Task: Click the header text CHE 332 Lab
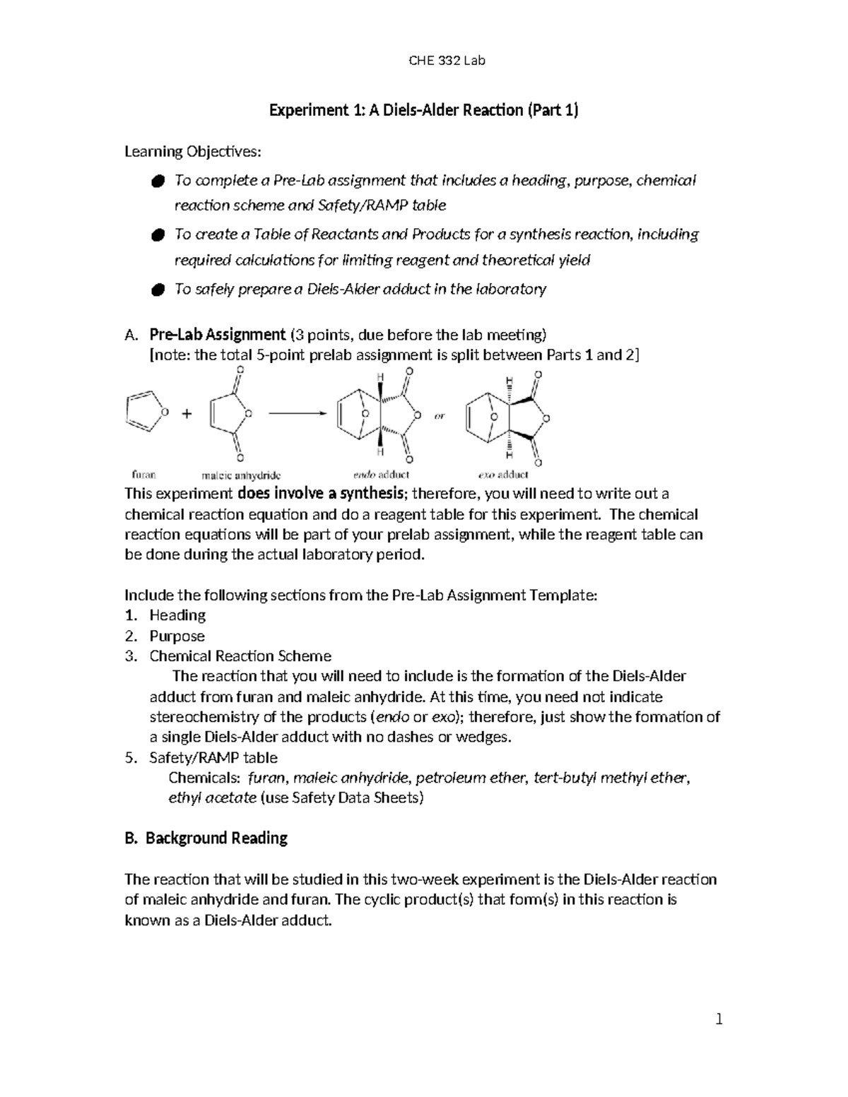pyautogui.click(x=447, y=61)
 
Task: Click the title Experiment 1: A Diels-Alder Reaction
pyautogui.click(x=423, y=110)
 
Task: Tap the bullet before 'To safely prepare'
pyautogui.click(x=158, y=290)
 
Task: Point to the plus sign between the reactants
pyautogui.click(x=187, y=415)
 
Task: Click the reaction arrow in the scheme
pyautogui.click(x=297, y=415)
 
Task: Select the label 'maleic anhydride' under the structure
pyautogui.click(x=241, y=475)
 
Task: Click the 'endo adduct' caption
pyautogui.click(x=381, y=475)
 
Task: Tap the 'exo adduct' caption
pyautogui.click(x=503, y=475)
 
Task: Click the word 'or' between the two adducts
pyautogui.click(x=440, y=417)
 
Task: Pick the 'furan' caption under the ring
pyautogui.click(x=144, y=475)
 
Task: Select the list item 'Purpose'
pyautogui.click(x=177, y=636)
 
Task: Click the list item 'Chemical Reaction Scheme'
pyautogui.click(x=240, y=656)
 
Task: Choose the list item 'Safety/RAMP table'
pyautogui.click(x=213, y=758)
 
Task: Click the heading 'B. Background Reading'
pyautogui.click(x=206, y=838)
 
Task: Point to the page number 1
pyautogui.click(x=719, y=1019)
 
